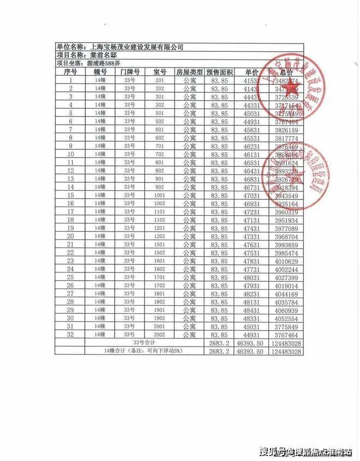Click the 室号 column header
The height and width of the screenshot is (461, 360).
[159, 72]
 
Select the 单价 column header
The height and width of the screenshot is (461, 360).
[251, 72]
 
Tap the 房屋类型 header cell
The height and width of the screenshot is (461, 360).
[189, 72]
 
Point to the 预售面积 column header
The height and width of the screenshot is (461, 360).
[220, 72]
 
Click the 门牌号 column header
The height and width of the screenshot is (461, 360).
[130, 72]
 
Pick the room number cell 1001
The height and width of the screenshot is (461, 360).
[159, 195]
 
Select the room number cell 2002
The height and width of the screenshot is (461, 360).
[159, 334]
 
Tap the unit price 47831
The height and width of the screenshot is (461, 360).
[251, 260]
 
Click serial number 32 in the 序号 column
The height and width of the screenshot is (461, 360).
[70, 334]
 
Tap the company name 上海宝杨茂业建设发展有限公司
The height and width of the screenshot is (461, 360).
[137, 47]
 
